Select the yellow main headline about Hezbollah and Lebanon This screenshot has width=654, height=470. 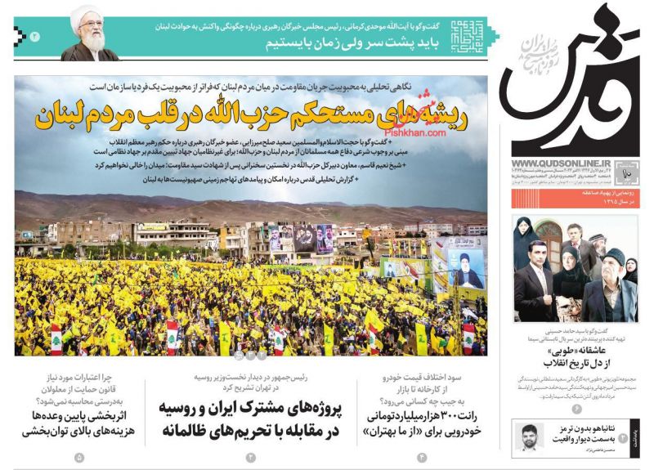250,116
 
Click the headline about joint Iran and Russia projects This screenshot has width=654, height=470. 254,419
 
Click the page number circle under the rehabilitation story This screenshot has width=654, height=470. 79,457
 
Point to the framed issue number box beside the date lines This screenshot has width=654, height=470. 628,172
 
